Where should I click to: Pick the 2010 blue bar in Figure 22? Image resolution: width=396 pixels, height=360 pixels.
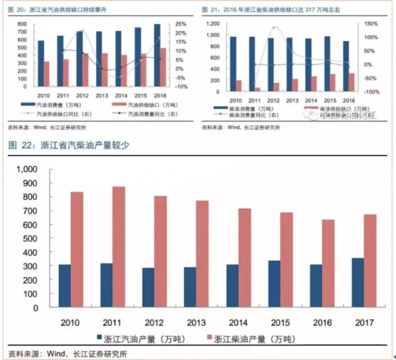[x=65, y=286]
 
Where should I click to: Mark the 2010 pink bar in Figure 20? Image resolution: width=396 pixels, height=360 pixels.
[x=47, y=74]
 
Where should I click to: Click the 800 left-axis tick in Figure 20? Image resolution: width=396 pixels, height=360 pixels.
[x=22, y=24]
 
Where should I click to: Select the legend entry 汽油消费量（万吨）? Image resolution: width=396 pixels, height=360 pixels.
[x=54, y=105]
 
